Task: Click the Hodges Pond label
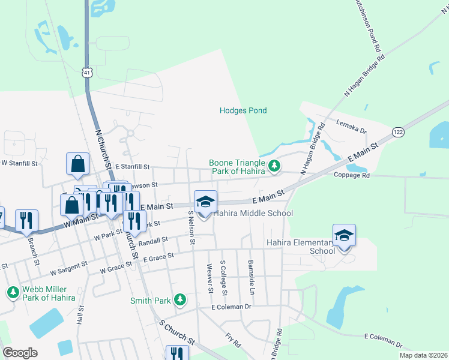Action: pyautogui.click(x=243, y=110)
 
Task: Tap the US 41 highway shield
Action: pyautogui.click(x=88, y=73)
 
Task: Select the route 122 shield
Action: pyautogui.click(x=398, y=131)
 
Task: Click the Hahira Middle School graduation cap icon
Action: pyautogui.click(x=205, y=202)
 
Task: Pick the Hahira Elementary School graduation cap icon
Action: pyautogui.click(x=344, y=235)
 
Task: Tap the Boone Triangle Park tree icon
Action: pyautogui.click(x=274, y=165)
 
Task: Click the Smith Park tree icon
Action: pyautogui.click(x=179, y=299)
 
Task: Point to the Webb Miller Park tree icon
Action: pyautogui.click(x=13, y=292)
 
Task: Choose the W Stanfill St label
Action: pyautogui.click(x=19, y=163)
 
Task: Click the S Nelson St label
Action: pyautogui.click(x=191, y=227)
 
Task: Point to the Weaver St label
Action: pyautogui.click(x=210, y=279)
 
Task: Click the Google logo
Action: pyautogui.click(x=20, y=353)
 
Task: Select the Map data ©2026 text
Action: pyautogui.click(x=423, y=355)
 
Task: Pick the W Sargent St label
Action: pyautogui.click(x=68, y=266)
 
